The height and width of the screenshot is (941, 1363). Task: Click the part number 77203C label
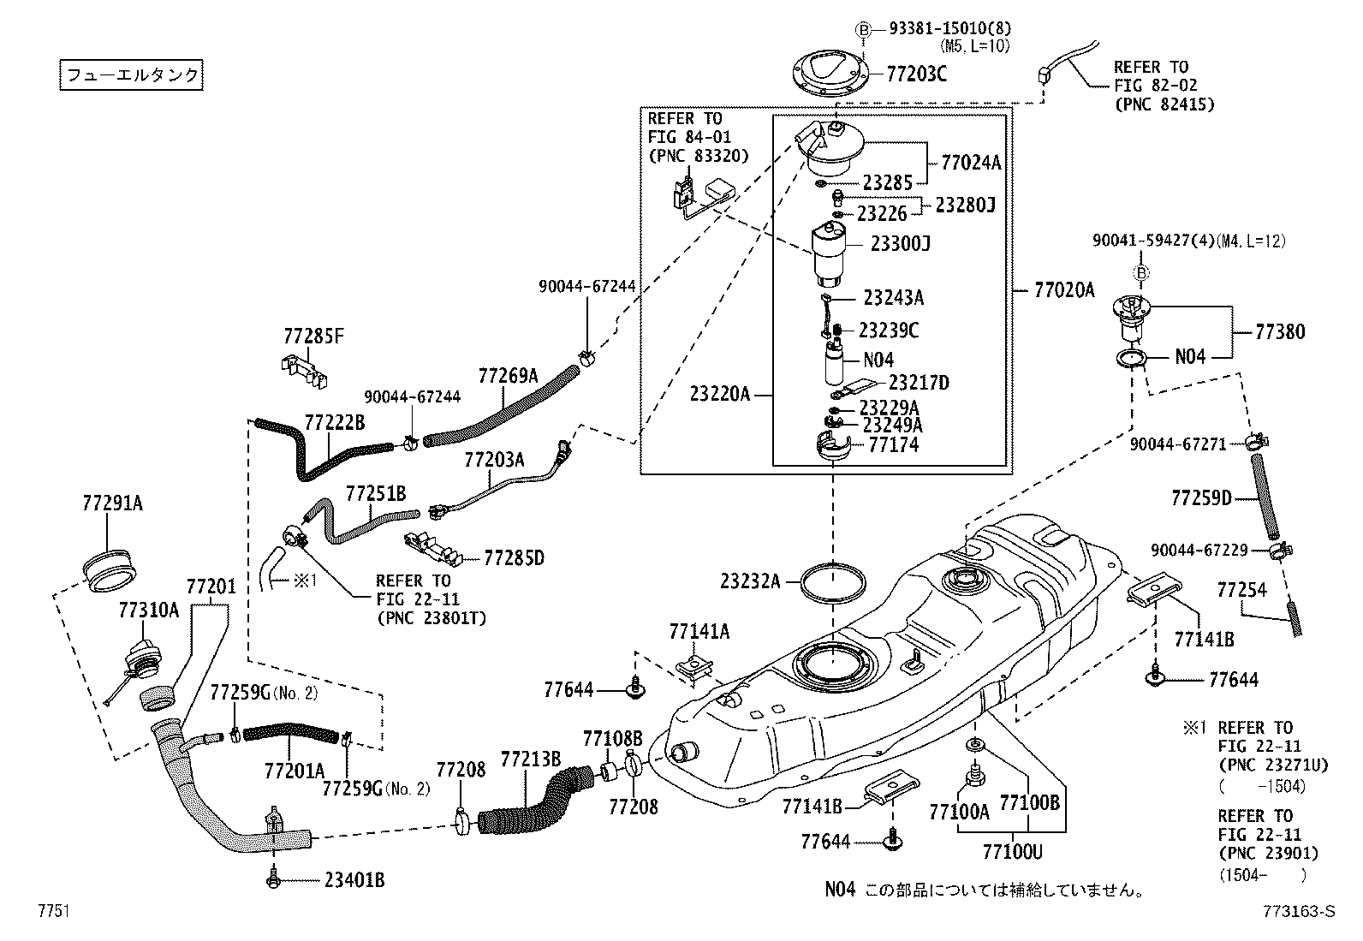coord(916,74)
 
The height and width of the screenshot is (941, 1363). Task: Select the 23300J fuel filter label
coord(900,244)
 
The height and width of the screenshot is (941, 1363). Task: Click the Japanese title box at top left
coord(132,75)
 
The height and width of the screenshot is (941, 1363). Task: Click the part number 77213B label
coord(530,759)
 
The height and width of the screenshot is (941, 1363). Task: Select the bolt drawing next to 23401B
coord(273,878)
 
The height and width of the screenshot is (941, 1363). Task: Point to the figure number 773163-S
coord(1297,912)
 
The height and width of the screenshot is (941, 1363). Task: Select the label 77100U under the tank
coord(1012,852)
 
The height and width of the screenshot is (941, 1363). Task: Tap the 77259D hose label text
coord(1200,497)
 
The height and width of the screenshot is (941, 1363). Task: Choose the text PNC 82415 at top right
coord(1164,104)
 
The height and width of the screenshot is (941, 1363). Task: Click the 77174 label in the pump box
coord(893,444)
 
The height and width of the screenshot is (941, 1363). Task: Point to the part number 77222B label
coord(334,422)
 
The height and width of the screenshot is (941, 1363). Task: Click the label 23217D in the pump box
coord(919,383)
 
